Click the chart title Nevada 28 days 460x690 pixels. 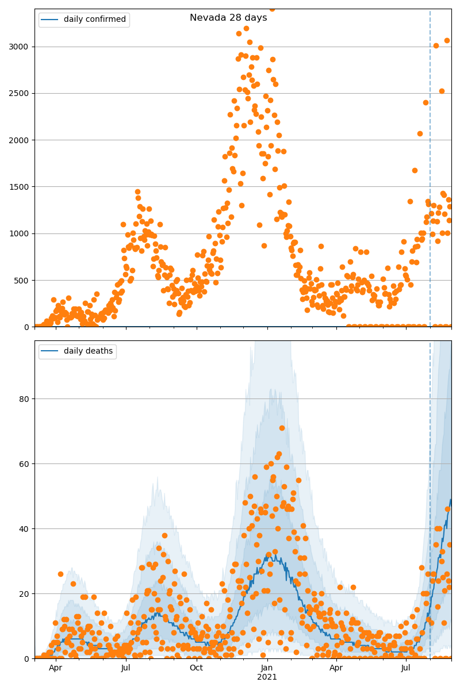(228, 18)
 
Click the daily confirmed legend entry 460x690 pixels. (94, 20)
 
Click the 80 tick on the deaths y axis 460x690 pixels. (25, 398)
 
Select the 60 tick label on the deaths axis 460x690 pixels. (25, 463)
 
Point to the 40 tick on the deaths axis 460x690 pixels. (25, 528)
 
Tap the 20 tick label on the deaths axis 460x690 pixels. (25, 593)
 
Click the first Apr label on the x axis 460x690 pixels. (55, 668)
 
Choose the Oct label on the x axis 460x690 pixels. (196, 668)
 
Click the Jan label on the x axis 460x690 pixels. (266, 668)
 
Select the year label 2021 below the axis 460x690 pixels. (267, 677)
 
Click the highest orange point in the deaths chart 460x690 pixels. (282, 428)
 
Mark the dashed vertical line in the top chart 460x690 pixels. (430, 172)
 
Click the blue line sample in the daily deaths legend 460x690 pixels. (49, 351)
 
